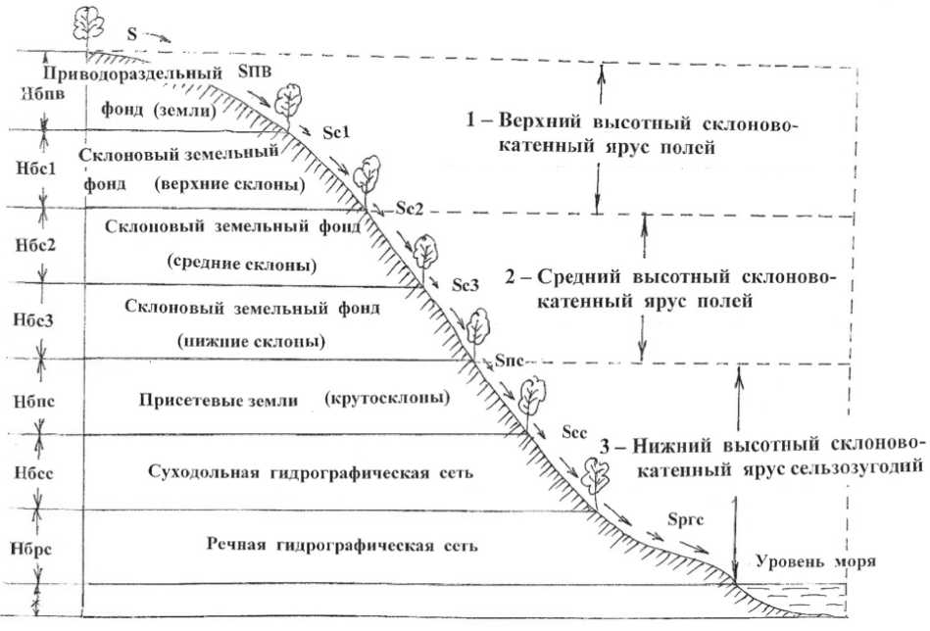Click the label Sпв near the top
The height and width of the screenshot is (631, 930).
click(x=257, y=71)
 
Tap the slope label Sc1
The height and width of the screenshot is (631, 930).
click(x=333, y=131)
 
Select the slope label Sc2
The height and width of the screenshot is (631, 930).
click(x=410, y=209)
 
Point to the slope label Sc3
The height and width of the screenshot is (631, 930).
click(x=466, y=285)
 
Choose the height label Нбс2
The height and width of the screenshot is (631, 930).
click(x=24, y=245)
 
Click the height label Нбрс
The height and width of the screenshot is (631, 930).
click(x=24, y=548)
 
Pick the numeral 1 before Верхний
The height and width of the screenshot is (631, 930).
click(x=469, y=122)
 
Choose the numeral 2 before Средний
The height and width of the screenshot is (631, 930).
click(x=510, y=276)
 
